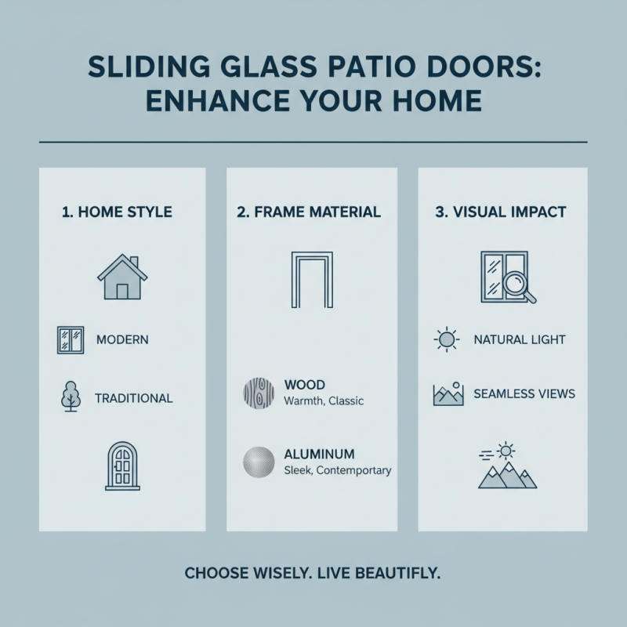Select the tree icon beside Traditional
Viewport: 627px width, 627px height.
[71, 397]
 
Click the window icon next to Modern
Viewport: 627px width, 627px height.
[71, 340]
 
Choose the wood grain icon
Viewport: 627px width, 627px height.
[258, 392]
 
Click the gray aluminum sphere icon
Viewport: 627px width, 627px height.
[258, 461]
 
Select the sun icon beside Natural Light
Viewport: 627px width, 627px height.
[445, 340]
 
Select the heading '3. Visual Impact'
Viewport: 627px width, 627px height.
[502, 212]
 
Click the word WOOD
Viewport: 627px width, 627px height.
[305, 385]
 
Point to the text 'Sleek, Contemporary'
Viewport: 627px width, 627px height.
[337, 471]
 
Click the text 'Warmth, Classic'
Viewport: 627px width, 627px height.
[324, 401]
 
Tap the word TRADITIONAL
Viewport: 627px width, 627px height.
[133, 398]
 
